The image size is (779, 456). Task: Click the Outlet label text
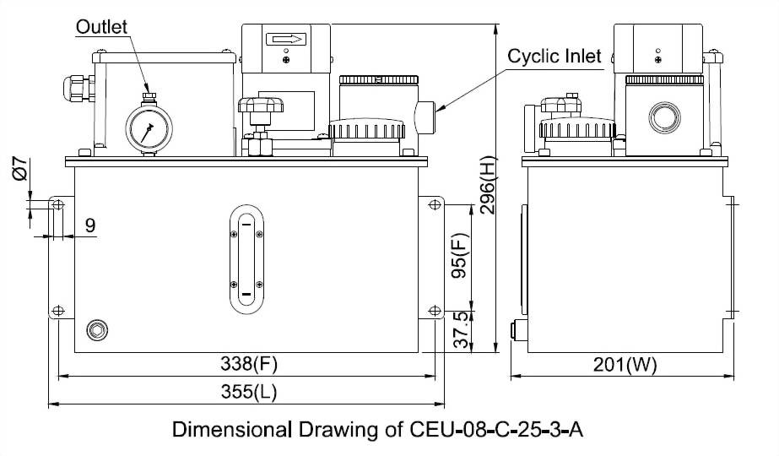(101, 26)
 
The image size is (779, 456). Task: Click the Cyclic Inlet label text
(554, 57)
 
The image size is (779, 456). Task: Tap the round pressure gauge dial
(149, 129)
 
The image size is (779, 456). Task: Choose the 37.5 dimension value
(461, 330)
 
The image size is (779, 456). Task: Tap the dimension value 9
(89, 225)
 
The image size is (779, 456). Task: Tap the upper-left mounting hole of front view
(57, 205)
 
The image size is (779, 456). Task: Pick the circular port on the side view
(663, 117)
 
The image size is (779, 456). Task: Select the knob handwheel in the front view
(260, 107)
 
